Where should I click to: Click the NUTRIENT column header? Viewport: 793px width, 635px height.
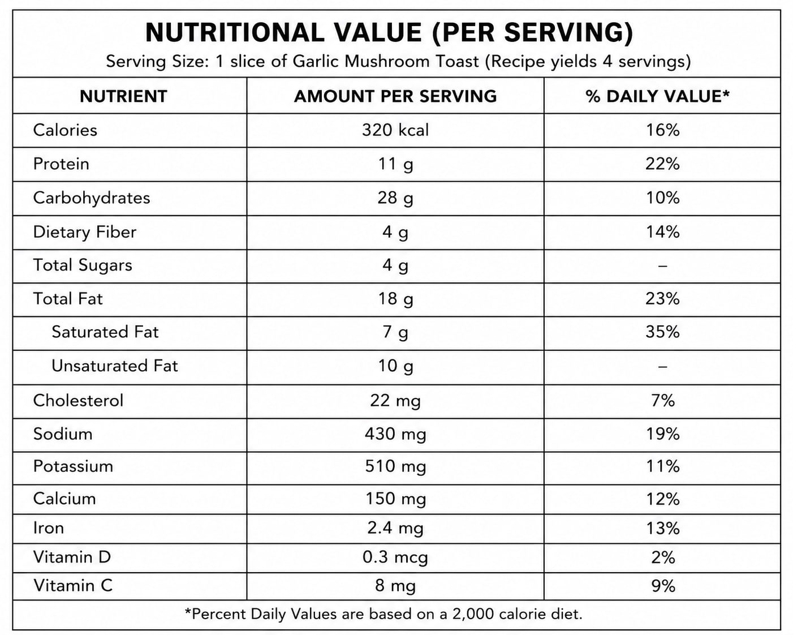123,96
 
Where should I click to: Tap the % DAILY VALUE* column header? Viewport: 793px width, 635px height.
657,96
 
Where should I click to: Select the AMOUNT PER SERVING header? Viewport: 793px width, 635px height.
395,96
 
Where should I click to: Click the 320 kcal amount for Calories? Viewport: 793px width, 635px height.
395,130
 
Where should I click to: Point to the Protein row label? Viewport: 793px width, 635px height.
61,164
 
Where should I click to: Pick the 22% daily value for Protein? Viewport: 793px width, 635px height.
662,164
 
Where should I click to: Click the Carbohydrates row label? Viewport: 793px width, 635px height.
92,198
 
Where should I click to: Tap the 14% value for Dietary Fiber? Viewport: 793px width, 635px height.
663,232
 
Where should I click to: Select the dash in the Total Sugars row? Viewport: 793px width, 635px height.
662,266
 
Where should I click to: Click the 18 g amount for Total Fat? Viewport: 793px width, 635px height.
395,299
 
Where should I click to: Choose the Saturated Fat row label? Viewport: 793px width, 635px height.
105,332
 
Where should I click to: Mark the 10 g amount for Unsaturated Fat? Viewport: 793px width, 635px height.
395,366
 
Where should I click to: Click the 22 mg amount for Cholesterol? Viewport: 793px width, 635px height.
395,401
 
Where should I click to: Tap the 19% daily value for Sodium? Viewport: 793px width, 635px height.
663,434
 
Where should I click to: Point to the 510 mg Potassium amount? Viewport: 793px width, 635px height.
395,467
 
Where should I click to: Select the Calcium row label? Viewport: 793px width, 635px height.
64,499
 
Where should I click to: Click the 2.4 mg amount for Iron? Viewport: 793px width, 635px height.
395,529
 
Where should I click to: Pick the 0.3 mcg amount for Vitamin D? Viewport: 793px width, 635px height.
395,557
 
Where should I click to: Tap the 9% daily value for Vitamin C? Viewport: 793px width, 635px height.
663,586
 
